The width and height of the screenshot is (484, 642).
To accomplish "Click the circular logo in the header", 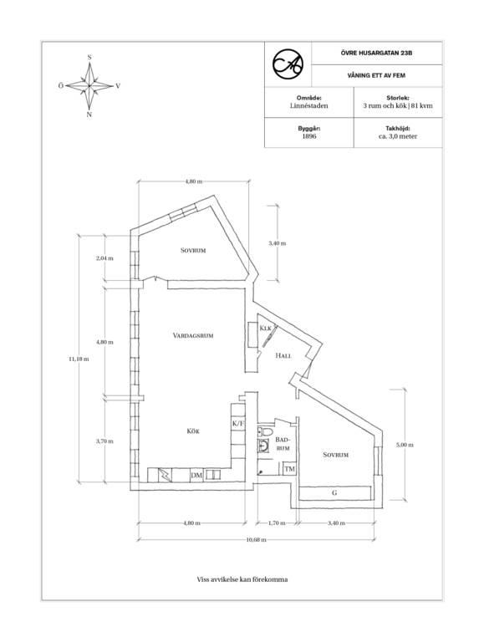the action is tap(288, 64).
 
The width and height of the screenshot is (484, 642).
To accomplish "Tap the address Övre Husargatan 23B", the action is tap(376, 53).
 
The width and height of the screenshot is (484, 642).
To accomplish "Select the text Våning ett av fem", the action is tap(376, 76).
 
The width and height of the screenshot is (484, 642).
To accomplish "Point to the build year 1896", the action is tap(309, 136).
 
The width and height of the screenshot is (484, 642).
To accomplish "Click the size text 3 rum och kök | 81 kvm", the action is tap(398, 105).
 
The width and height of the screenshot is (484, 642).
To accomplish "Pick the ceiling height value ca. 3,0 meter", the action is tap(398, 136).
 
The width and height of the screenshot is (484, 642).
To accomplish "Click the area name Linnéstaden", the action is tap(309, 105).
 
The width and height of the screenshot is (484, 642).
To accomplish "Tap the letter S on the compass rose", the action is tap(89, 58).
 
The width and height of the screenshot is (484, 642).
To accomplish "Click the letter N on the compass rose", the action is tap(89, 115).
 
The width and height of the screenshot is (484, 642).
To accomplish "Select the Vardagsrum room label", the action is tap(193, 336).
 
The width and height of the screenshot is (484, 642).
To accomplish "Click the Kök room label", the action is tap(193, 431).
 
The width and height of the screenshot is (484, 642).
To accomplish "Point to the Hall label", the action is tap(283, 356).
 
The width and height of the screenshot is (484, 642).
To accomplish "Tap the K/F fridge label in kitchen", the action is tap(238, 423).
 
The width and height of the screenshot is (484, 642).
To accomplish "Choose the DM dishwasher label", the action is tap(196, 476).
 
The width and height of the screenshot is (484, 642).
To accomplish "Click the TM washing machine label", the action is tap(290, 469).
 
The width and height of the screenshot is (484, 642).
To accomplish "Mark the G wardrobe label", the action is tap(334, 493).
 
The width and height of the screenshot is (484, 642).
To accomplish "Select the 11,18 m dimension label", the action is tap(79, 359).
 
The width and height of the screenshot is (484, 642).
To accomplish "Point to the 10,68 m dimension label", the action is tap(257, 540).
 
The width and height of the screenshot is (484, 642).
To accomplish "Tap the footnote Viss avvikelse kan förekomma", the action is tap(242, 579).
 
